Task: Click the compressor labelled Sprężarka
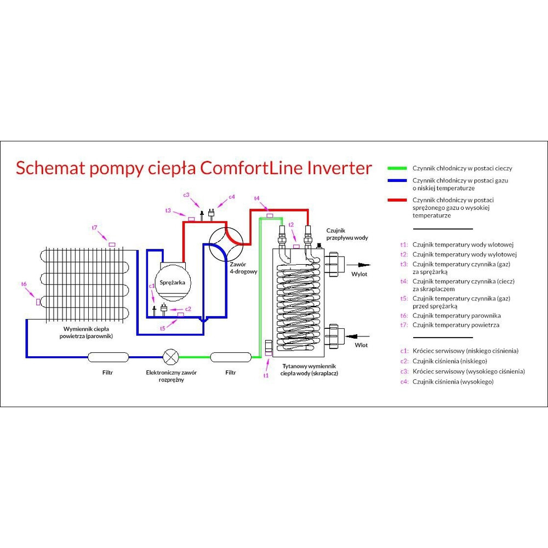click(172, 282)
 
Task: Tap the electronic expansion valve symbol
click(171, 357)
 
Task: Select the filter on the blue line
click(108, 357)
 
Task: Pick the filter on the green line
click(231, 357)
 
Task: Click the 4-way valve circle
click(226, 244)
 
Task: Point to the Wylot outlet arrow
click(357, 265)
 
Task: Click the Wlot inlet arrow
click(357, 336)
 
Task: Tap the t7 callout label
click(94, 228)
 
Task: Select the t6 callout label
click(24, 284)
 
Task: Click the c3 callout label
click(186, 195)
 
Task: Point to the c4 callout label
click(232, 197)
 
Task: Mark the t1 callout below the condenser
click(266, 375)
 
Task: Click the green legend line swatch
click(397, 168)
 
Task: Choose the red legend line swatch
click(397, 200)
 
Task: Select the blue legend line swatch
click(397, 181)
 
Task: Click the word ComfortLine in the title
click(251, 168)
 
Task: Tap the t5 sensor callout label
click(163, 328)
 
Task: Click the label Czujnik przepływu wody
click(347, 234)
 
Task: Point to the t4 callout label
click(257, 198)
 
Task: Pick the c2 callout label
click(188, 309)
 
